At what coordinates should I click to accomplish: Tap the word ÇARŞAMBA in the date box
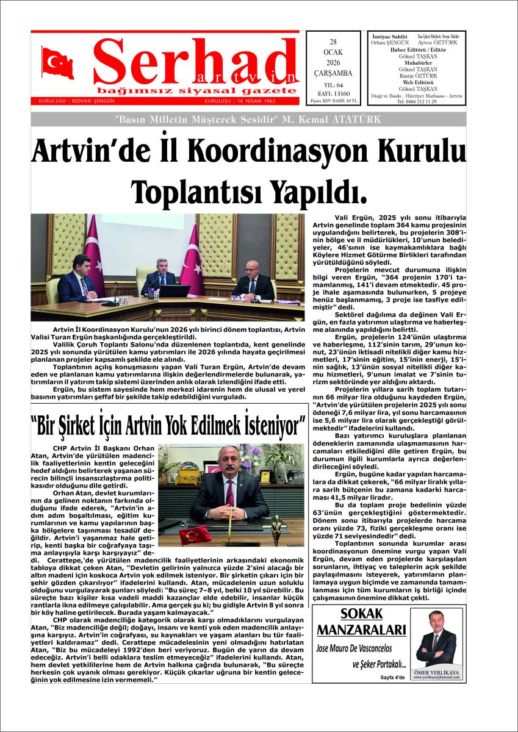click(333, 74)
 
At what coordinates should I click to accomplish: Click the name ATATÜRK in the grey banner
click(358, 120)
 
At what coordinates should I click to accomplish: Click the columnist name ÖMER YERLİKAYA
click(437, 672)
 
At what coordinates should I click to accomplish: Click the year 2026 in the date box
click(333, 63)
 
